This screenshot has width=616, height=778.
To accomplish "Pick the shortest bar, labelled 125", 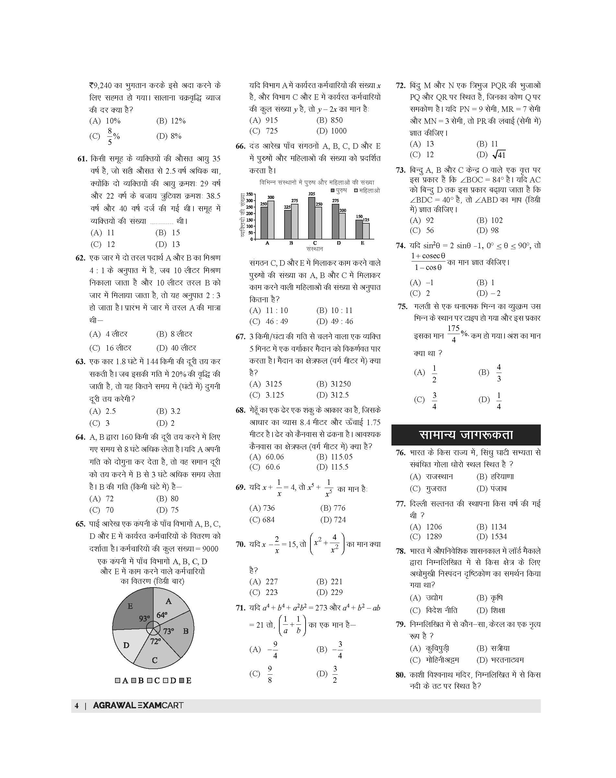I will [x=366, y=231].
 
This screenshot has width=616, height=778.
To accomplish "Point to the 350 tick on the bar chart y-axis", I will [x=250, y=194].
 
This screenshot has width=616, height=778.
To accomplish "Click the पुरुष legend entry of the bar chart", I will [x=339, y=190].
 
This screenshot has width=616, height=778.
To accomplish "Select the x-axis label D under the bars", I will [x=339, y=243].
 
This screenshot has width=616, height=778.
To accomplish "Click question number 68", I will [x=240, y=411].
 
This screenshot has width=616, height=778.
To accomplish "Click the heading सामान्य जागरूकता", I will [x=466, y=435].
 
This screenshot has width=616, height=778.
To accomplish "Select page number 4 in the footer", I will [x=76, y=705].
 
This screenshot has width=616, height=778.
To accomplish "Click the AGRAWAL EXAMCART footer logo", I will [x=138, y=705].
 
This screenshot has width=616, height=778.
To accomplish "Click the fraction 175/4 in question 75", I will [x=453, y=334].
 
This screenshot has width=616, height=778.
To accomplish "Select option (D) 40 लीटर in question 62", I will [x=176, y=348].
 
